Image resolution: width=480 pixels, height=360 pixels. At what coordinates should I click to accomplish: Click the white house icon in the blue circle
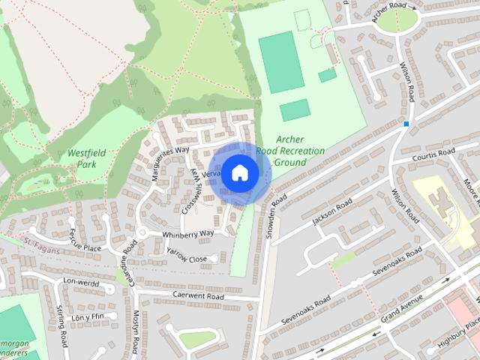(238, 172)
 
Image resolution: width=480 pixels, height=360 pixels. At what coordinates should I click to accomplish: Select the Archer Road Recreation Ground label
(290, 151)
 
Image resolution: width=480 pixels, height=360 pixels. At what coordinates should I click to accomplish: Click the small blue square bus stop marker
(406, 123)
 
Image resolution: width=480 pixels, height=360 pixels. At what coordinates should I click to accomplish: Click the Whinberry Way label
(188, 234)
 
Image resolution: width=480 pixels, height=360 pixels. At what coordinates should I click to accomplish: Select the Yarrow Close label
(186, 259)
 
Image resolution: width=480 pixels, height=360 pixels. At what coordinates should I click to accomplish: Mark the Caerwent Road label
(198, 297)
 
